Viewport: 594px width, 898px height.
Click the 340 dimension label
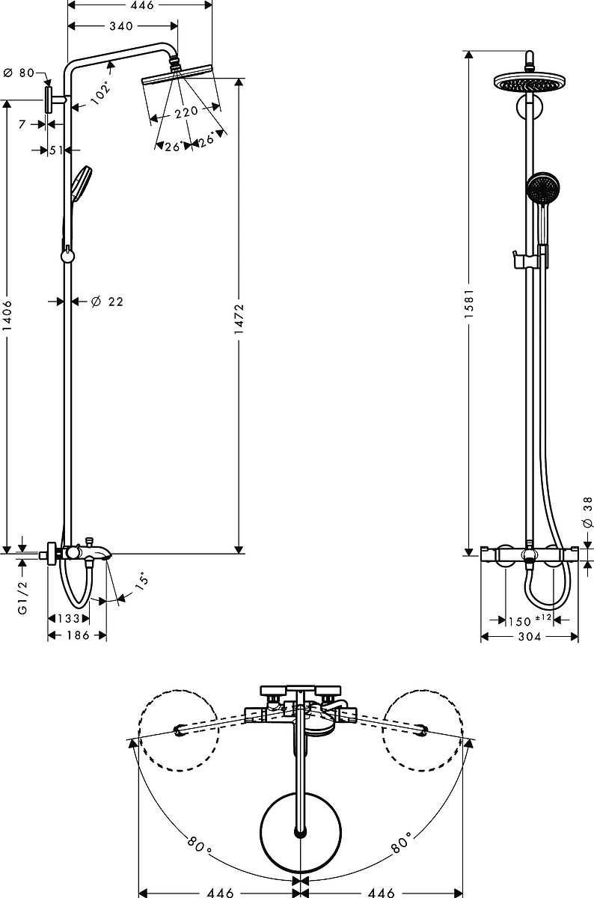pyautogui.click(x=121, y=26)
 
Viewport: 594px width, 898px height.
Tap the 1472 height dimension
pyautogui.click(x=239, y=319)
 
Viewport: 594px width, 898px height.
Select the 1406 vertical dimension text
pyautogui.click(x=7, y=316)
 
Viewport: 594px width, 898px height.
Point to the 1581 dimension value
pyautogui.click(x=469, y=304)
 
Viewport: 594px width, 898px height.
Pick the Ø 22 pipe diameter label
pyautogui.click(x=107, y=301)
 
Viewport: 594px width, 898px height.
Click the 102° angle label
pyautogui.click(x=100, y=93)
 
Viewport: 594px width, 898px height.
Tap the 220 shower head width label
pyautogui.click(x=186, y=112)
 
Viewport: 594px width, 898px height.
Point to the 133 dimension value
pyautogui.click(x=69, y=619)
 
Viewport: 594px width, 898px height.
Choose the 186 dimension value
pyautogui.click(x=78, y=635)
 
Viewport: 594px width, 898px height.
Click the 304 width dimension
pyautogui.click(x=530, y=636)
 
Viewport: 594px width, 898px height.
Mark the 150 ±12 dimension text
pyautogui.click(x=530, y=620)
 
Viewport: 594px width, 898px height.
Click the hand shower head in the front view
pyautogui.click(x=542, y=188)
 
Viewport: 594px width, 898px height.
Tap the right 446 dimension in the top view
pyautogui.click(x=382, y=892)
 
